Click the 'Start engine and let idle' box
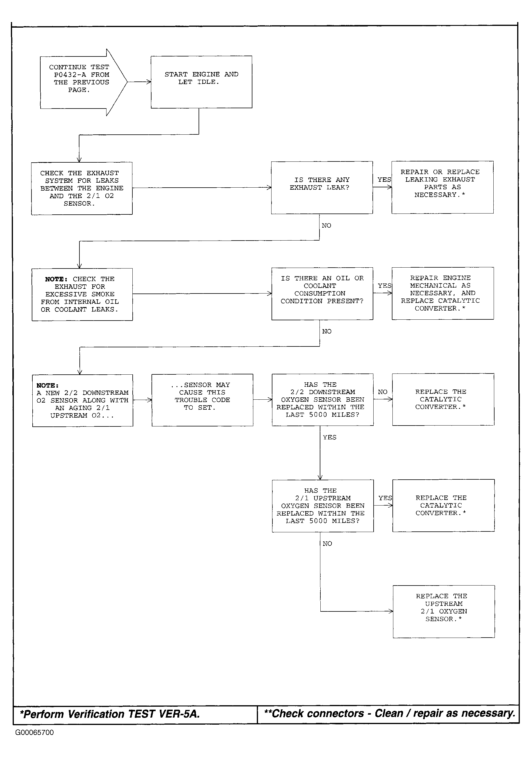point(202,82)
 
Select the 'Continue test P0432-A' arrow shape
point(84,82)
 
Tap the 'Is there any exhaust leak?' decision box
point(322,188)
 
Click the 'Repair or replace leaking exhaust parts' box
point(443,187)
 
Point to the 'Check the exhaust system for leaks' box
point(82,188)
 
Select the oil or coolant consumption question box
point(322,294)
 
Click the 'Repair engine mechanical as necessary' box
point(443,293)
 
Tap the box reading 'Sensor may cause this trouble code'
point(202,400)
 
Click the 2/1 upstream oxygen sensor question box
point(323,506)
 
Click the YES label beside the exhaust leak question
point(384,180)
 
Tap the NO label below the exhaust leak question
point(327,226)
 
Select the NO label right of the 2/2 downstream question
point(382,392)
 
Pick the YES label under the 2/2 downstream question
point(330,438)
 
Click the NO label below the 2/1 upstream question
point(327,544)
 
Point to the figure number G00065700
point(34,732)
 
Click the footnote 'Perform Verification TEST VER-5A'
point(110,714)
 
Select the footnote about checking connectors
point(389,713)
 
